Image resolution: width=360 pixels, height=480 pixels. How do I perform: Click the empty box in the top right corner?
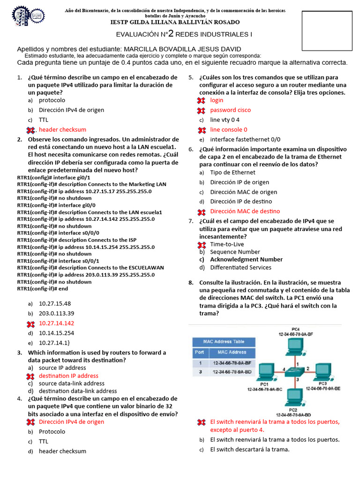(327, 30)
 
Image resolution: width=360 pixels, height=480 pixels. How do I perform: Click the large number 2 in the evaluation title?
(171, 33)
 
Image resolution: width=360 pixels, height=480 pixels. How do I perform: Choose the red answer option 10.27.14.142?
(56, 323)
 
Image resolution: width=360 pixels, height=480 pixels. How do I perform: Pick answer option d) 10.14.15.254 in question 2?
(56, 333)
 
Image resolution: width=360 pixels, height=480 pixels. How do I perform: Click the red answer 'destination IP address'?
(68, 376)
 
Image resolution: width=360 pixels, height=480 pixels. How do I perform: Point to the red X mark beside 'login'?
(202, 100)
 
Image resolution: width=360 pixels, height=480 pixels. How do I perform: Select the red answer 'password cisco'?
(230, 110)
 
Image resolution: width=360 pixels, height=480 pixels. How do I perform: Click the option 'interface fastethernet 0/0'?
(245, 140)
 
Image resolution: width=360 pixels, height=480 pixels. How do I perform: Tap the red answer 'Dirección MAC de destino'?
(245, 211)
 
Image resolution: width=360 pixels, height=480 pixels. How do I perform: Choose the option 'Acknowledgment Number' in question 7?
(246, 260)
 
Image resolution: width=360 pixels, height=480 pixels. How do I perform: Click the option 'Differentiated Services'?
(240, 268)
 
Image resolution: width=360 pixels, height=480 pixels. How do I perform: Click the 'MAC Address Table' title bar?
(224, 342)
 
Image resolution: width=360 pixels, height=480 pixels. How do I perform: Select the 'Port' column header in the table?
(199, 352)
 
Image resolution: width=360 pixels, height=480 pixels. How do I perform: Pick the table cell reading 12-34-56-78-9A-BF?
(232, 363)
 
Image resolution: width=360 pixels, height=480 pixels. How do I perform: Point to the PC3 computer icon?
(323, 370)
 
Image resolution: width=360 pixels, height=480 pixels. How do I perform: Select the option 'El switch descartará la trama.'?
(250, 450)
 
